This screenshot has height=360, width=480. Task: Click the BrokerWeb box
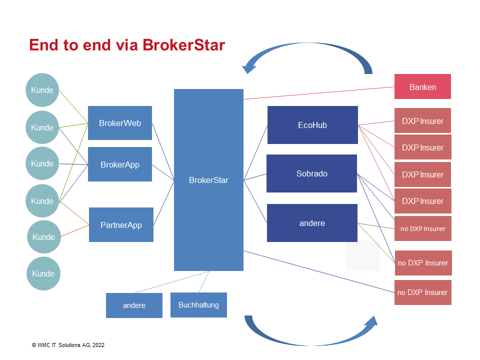[x=120, y=123]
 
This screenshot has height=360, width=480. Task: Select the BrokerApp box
[x=120, y=164]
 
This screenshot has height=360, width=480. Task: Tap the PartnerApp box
[x=121, y=225]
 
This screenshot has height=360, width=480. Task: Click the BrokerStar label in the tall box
[x=209, y=180]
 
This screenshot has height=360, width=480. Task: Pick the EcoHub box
[x=312, y=125]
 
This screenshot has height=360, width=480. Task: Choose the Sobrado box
[x=311, y=173]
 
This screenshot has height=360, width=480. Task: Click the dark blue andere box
[x=312, y=223]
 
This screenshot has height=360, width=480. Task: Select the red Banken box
[x=423, y=86]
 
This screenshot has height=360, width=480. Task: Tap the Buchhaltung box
[x=198, y=305]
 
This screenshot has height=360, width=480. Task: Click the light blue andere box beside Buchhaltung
[x=134, y=305]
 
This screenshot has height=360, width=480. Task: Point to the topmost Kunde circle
[x=42, y=90]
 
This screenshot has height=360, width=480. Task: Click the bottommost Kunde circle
[x=43, y=273]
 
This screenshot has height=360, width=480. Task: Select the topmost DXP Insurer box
[x=423, y=120]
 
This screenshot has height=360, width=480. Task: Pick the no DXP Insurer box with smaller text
[x=423, y=228]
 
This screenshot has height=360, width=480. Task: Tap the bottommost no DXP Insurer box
[x=423, y=292]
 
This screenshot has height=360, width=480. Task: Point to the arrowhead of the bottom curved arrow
[x=371, y=322]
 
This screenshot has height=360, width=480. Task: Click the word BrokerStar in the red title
[x=183, y=45]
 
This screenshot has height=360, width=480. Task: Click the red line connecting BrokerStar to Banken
[x=319, y=93]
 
